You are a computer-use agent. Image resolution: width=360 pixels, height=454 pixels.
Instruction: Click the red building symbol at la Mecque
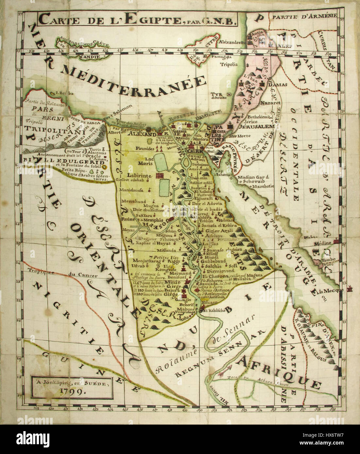coord(350,289)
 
